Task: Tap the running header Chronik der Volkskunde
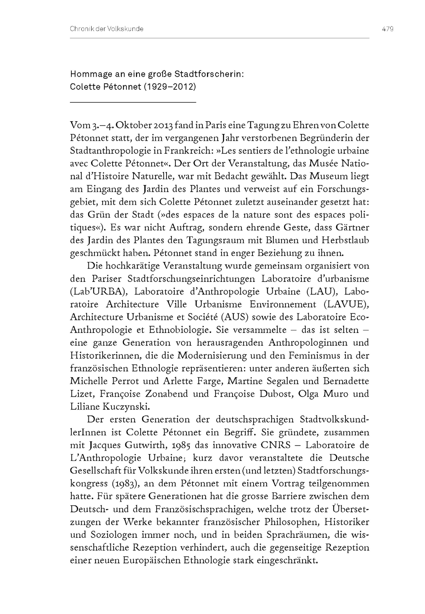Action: pos(106,29)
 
